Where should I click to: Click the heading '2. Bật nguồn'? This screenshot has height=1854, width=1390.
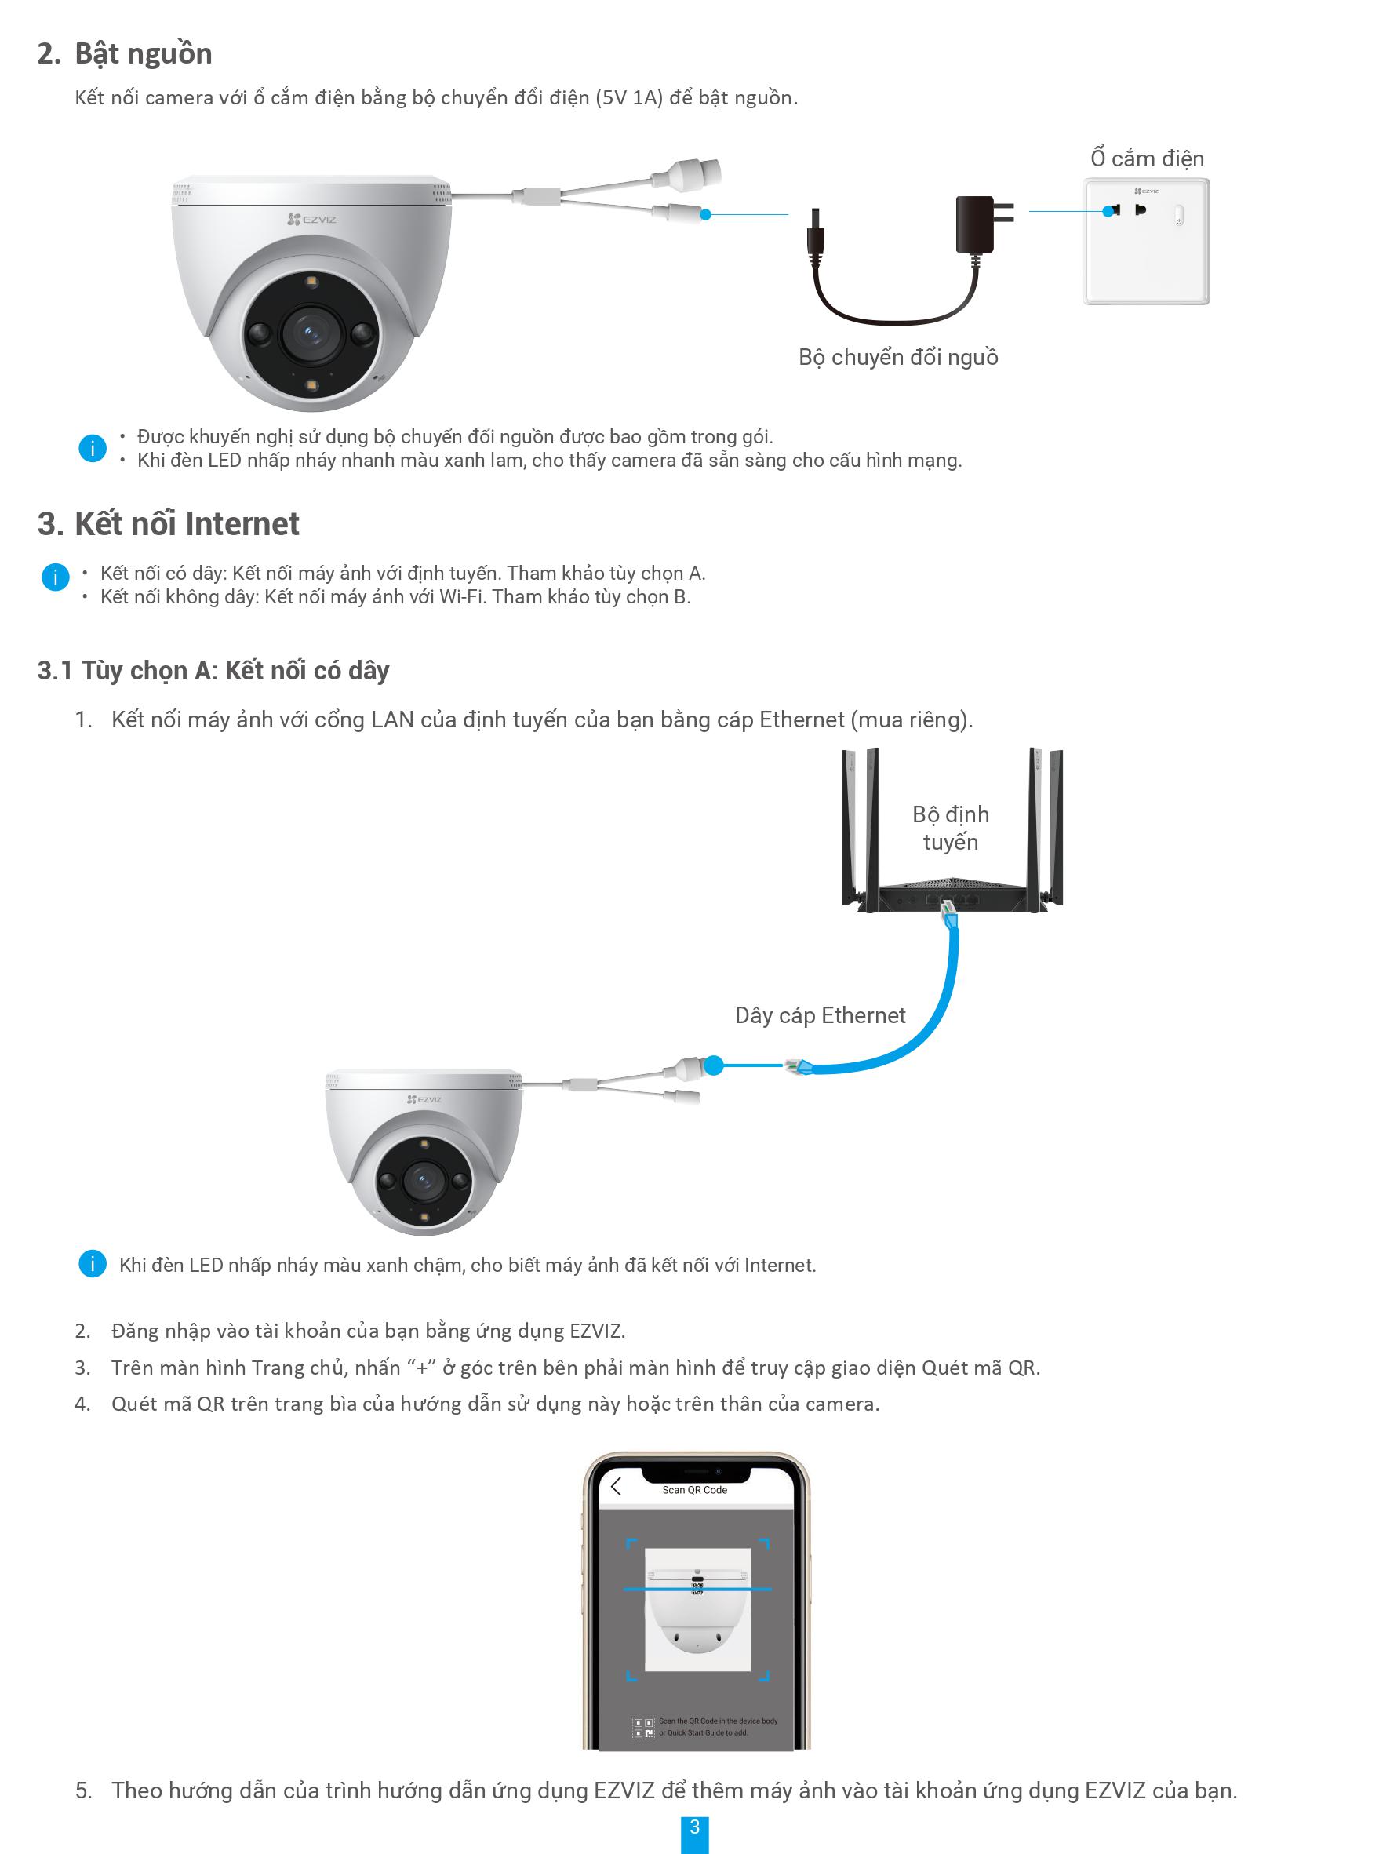(x=125, y=53)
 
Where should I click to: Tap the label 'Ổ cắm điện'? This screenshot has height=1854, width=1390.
(x=1146, y=158)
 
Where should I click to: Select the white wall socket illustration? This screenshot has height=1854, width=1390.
(x=1146, y=242)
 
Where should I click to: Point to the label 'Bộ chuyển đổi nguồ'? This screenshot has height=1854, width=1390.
(x=897, y=357)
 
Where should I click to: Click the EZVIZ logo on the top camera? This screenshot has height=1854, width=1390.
(x=311, y=220)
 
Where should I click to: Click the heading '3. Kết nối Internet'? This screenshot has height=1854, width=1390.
(x=169, y=524)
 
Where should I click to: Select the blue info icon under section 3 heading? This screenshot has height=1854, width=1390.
(x=55, y=577)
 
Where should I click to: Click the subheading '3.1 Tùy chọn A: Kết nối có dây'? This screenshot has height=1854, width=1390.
(x=213, y=671)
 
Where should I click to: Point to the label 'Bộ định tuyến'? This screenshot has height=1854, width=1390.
(x=950, y=827)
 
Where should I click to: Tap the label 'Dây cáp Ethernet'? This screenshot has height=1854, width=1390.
(x=820, y=1016)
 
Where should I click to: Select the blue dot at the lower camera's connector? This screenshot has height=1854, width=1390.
(x=713, y=1065)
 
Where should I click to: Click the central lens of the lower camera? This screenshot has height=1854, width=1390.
(x=423, y=1180)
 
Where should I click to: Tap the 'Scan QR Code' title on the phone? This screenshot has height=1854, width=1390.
(x=694, y=1489)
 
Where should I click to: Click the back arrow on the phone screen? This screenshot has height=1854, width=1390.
(x=617, y=1487)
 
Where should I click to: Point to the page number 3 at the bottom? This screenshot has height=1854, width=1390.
(x=694, y=1827)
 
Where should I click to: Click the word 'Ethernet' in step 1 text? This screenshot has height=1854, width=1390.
(x=801, y=720)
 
